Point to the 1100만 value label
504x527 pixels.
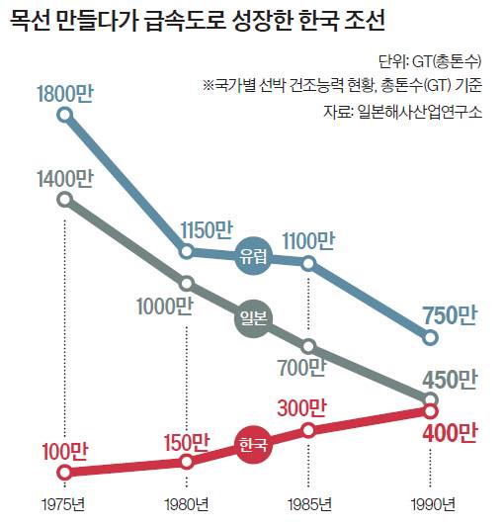click(x=308, y=240)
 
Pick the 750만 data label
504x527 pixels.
click(x=450, y=315)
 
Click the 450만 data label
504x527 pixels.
click(x=450, y=380)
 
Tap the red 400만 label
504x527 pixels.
click(x=450, y=432)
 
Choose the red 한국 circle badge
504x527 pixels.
click(x=254, y=446)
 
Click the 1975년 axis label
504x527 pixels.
click(x=65, y=504)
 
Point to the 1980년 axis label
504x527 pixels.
click(x=187, y=504)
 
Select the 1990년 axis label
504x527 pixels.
click(x=431, y=504)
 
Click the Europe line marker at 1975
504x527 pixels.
click(x=66, y=116)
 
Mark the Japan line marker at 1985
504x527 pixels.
click(x=309, y=346)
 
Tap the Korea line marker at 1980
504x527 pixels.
click(x=187, y=461)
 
